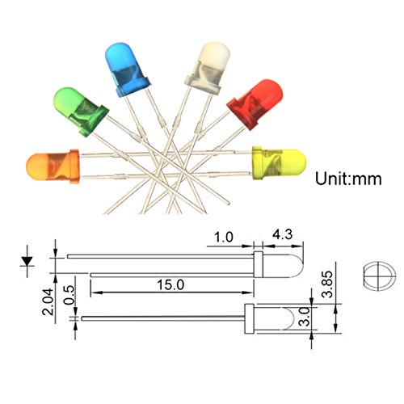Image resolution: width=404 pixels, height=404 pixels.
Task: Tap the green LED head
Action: point(81,111)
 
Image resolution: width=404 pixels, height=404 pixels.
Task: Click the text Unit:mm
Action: point(348,179)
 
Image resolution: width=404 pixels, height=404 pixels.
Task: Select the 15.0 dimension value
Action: point(170,285)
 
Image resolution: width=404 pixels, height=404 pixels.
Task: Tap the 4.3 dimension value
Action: point(282,234)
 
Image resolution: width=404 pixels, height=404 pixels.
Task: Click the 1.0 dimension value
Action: point(224,238)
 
